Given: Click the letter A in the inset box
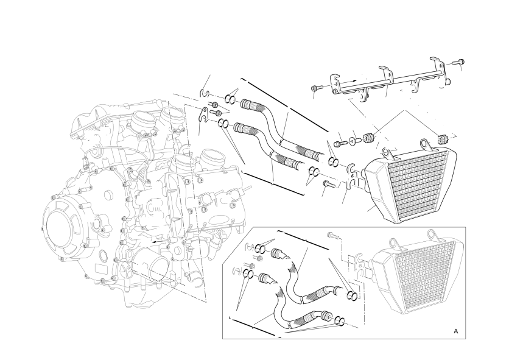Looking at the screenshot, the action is [456, 331].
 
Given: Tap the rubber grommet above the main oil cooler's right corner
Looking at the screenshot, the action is [442, 139].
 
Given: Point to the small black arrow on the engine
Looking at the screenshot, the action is [158, 242].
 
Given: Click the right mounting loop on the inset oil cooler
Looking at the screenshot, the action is [431, 235].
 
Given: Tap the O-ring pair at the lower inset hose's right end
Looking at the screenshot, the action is [339, 320].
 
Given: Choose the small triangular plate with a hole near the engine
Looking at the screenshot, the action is [203, 114].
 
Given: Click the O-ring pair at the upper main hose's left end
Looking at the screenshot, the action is [230, 99].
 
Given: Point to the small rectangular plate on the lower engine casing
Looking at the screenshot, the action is [100, 269].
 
